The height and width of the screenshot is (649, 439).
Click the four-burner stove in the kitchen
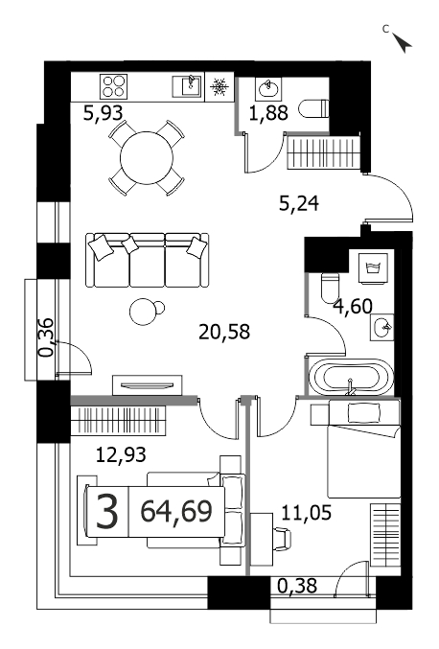point(113,86)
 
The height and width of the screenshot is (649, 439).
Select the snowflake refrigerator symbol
point(219,87)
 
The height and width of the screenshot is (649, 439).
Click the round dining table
point(146,157)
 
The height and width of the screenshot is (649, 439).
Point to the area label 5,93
point(103,112)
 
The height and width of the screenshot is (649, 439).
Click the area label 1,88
point(268,112)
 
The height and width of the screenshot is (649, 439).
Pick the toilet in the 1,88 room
point(313,109)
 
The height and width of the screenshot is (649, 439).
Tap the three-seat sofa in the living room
point(148,260)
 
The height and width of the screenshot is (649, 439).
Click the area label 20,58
point(224,332)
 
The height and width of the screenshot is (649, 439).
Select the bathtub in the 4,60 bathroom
point(351,377)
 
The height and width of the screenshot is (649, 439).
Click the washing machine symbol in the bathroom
point(374,268)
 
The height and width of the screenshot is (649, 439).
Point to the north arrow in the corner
point(402,42)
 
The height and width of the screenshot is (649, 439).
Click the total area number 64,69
point(176,511)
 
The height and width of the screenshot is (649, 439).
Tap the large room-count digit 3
point(107,512)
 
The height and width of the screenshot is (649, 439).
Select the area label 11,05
point(306,513)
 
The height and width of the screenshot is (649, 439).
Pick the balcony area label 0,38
point(297,586)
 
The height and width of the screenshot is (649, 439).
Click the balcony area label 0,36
point(46,337)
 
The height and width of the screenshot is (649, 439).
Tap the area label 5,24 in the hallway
point(299,203)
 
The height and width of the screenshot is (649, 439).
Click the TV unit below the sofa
point(148,385)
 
